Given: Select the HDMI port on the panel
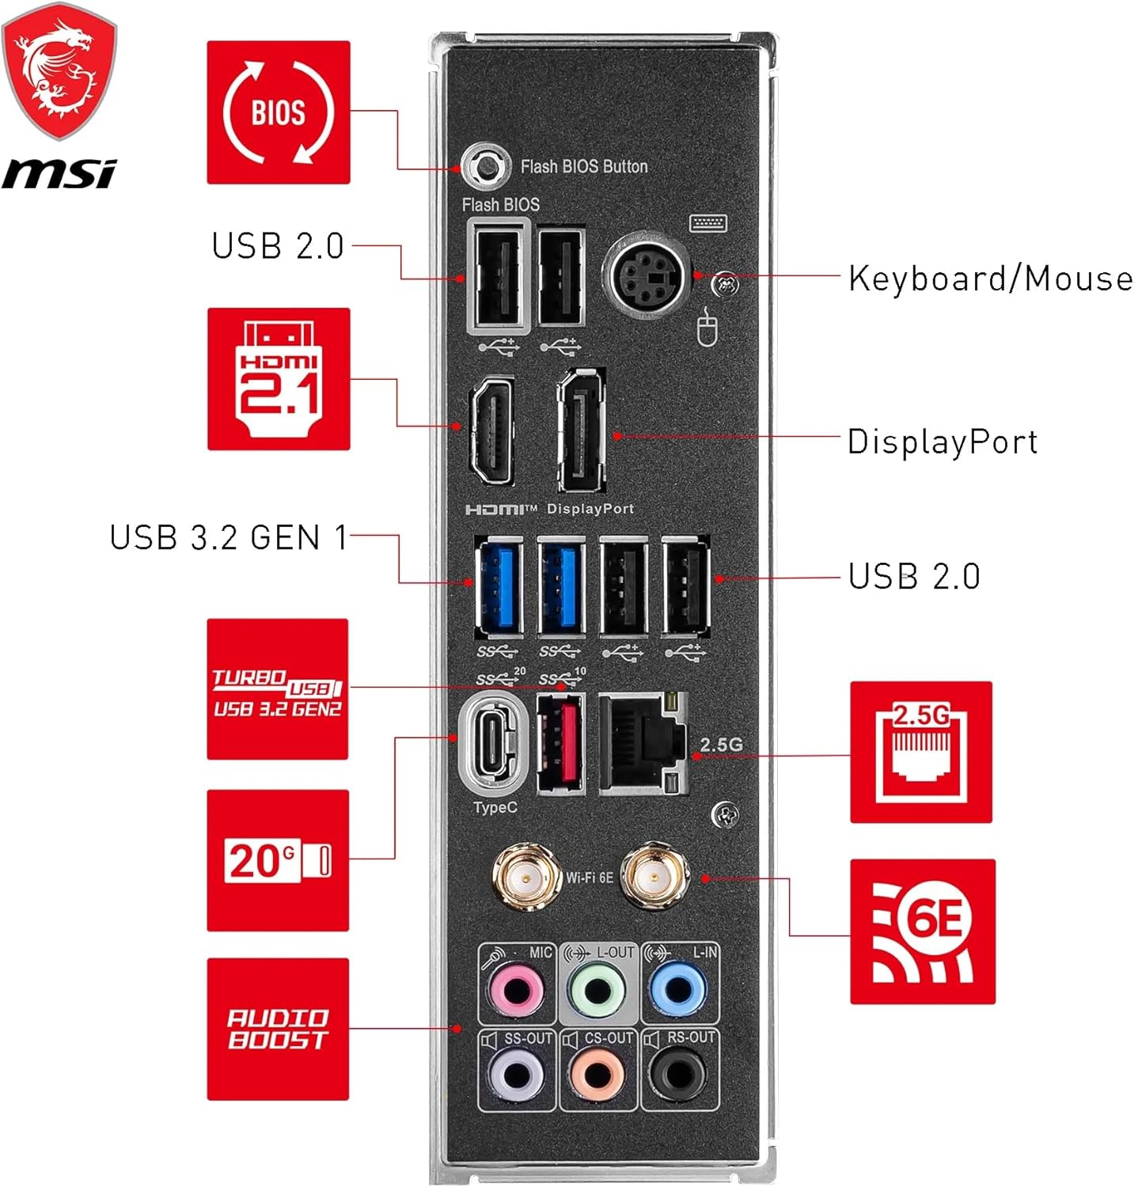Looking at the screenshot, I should click(x=491, y=429).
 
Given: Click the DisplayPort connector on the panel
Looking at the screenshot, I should click(x=582, y=430).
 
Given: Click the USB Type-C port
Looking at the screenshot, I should click(x=493, y=744).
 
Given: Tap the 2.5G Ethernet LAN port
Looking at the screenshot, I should click(x=642, y=744).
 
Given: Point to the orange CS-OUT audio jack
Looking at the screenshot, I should click(x=597, y=1075).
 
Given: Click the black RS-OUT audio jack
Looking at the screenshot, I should click(x=678, y=1075).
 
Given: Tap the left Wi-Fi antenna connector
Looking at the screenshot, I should click(x=523, y=877).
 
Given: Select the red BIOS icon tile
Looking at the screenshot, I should click(x=279, y=112).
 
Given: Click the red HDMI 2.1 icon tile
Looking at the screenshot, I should click(x=279, y=379).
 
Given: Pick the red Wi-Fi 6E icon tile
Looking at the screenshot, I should click(x=923, y=931).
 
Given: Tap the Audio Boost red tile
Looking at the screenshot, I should click(x=278, y=1029).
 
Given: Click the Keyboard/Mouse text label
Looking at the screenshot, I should click(x=990, y=279).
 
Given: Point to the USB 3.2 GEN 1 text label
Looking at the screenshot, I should click(x=229, y=537).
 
